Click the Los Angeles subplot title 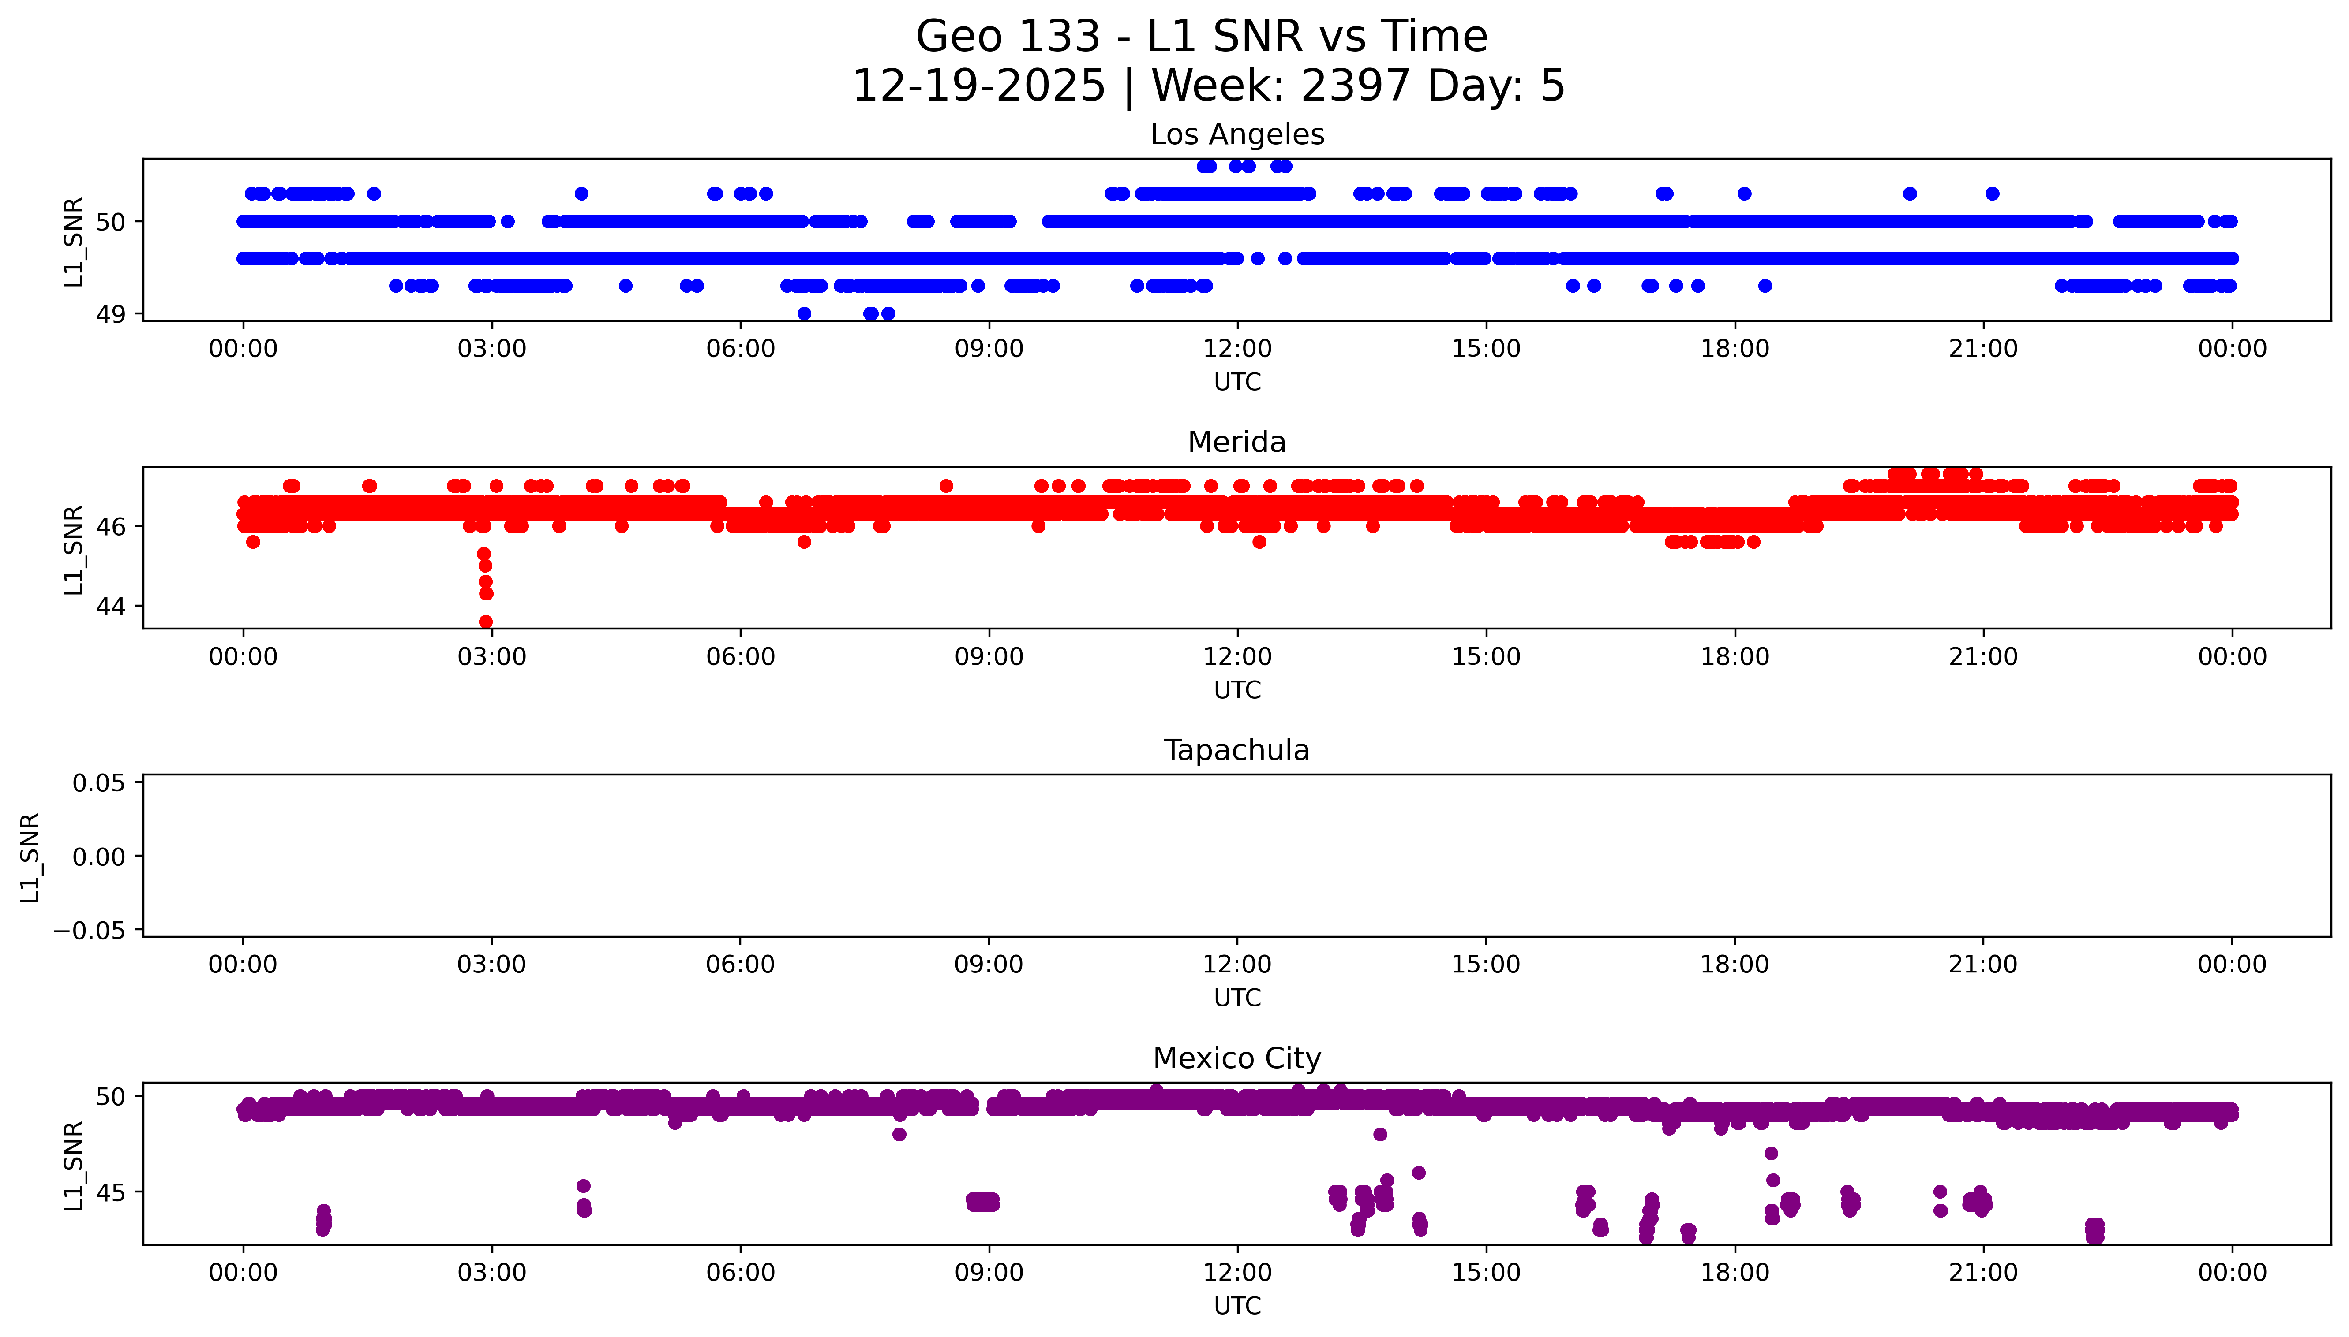1236,135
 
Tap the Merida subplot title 1236,443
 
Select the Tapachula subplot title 1236,750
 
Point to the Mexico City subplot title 1236,1059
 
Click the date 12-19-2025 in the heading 978,86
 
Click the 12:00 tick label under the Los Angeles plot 1237,349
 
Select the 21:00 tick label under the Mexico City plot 1983,1273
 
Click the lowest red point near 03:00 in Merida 486,622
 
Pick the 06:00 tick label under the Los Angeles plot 741,349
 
